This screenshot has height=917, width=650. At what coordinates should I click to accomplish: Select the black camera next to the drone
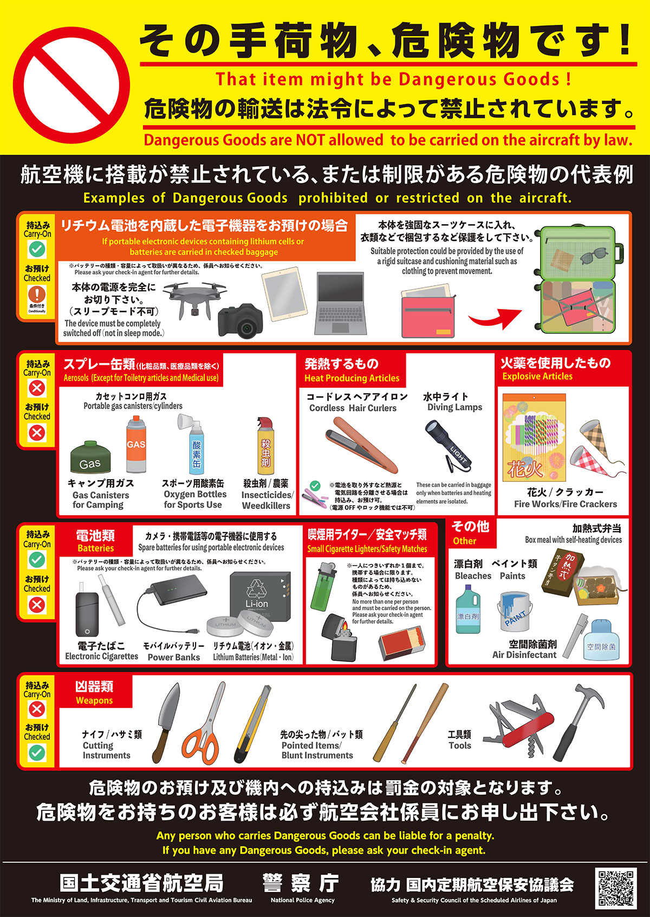pos(240,322)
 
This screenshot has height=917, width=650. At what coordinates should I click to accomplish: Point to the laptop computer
pos(340,303)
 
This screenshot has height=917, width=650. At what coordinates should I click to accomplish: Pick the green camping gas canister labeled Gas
pos(90,457)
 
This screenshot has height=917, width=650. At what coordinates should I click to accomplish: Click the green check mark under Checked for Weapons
pos(37,753)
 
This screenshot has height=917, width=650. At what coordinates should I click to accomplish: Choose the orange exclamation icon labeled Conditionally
pos(37,294)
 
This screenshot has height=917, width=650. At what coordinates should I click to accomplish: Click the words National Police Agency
pos(302,900)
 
